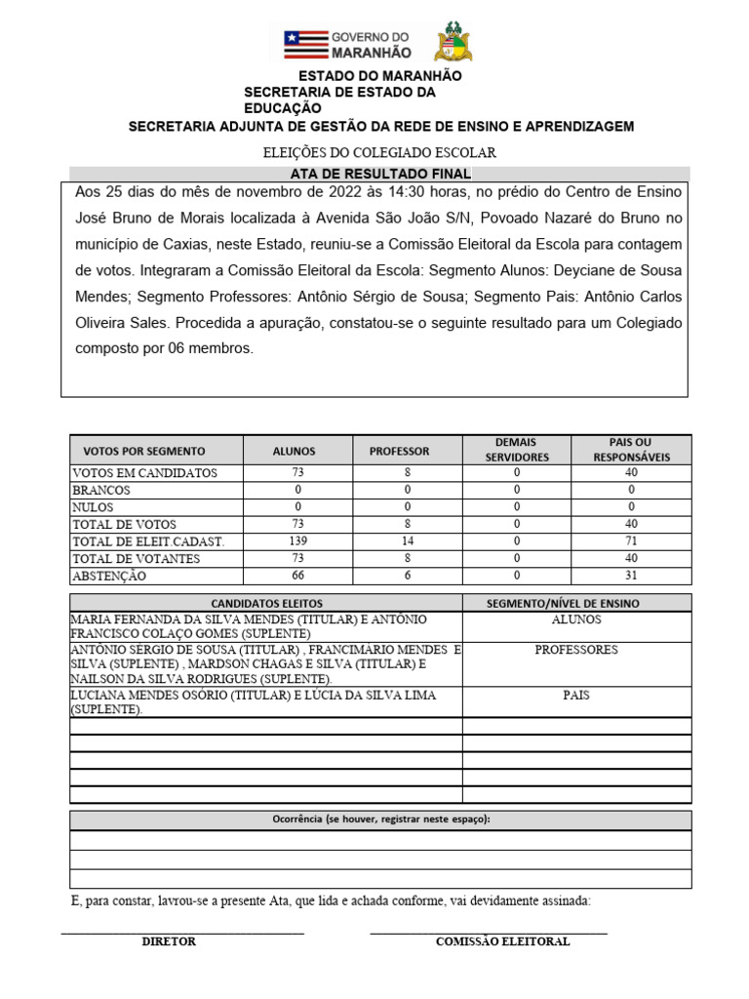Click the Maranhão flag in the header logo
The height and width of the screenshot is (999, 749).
304,44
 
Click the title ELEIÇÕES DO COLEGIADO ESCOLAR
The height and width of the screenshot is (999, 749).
380,152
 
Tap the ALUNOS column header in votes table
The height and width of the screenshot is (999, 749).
294,451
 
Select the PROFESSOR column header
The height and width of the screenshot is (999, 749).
399,451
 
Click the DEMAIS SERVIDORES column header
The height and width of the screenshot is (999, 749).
516,450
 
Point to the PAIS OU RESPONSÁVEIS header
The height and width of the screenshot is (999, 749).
630,450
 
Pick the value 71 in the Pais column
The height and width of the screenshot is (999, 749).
630,540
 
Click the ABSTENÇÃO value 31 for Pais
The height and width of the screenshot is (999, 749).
630,576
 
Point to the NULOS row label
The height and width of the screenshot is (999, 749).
93,507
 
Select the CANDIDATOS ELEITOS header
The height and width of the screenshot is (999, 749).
266,604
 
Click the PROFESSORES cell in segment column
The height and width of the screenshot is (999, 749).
576,650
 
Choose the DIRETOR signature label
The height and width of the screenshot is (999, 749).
169,941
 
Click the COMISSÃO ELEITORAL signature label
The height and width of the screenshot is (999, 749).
502,941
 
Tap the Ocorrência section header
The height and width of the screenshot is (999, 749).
380,819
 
